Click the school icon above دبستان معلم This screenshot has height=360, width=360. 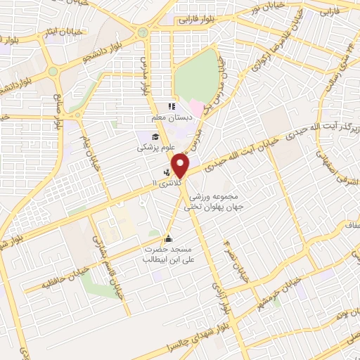click(x=171, y=107)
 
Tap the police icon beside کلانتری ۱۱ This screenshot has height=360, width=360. click(x=167, y=171)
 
